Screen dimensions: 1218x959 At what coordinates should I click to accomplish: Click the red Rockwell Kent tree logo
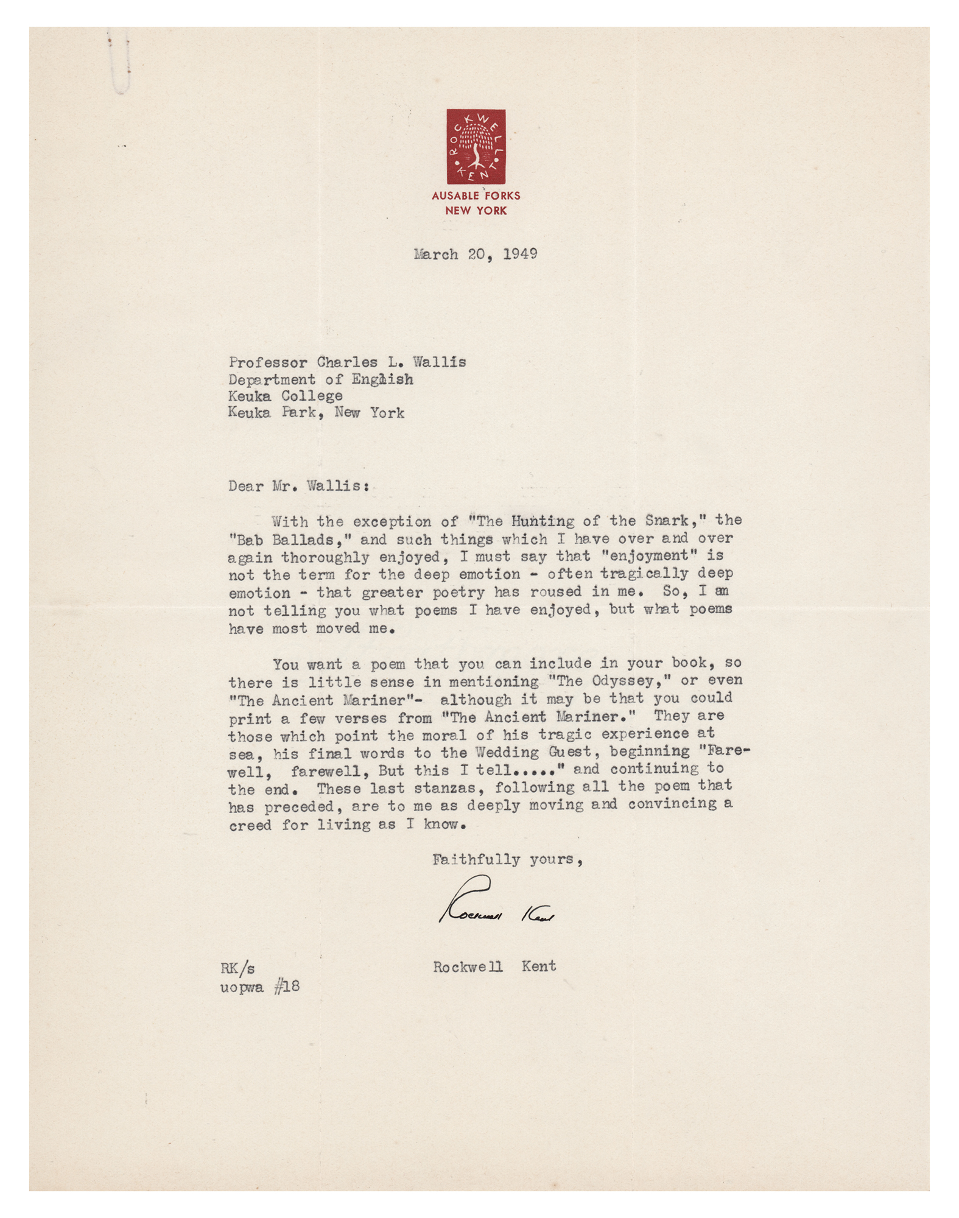point(476,146)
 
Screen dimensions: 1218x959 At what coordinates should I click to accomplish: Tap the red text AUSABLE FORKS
point(476,196)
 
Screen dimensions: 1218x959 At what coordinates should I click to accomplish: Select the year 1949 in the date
point(520,254)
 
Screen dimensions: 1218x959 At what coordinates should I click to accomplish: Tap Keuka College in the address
point(285,396)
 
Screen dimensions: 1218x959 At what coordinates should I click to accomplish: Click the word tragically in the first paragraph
point(648,574)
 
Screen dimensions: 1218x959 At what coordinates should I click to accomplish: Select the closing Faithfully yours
point(507,860)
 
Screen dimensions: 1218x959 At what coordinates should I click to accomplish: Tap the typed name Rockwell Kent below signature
point(494,966)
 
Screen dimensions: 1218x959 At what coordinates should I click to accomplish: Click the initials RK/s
point(237,968)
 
